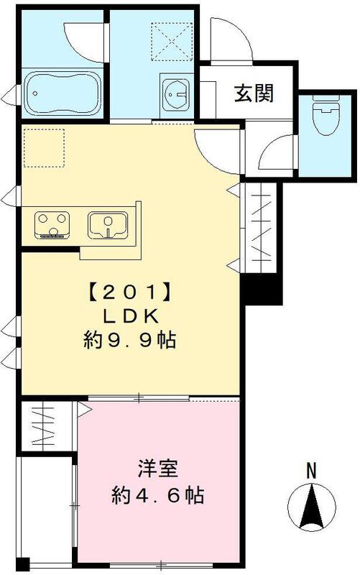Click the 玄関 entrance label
[x=251, y=93]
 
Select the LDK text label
[x=129, y=316]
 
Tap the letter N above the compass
[x=311, y=471]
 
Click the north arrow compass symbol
[x=311, y=507]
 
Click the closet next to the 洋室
[x=46, y=428]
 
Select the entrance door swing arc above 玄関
[x=229, y=40]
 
